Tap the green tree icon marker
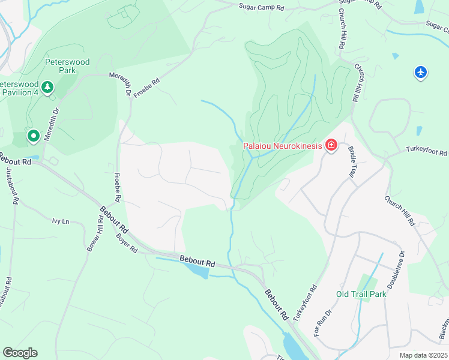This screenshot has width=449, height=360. [x=47, y=88]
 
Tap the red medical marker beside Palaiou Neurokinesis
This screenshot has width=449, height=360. [x=330, y=145]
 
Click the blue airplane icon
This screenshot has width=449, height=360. [x=421, y=73]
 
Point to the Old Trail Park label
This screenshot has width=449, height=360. [x=361, y=294]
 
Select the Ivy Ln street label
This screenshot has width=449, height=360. [x=61, y=221]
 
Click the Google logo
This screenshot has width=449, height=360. [x=20, y=352]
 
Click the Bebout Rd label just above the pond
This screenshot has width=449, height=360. [x=197, y=261]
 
